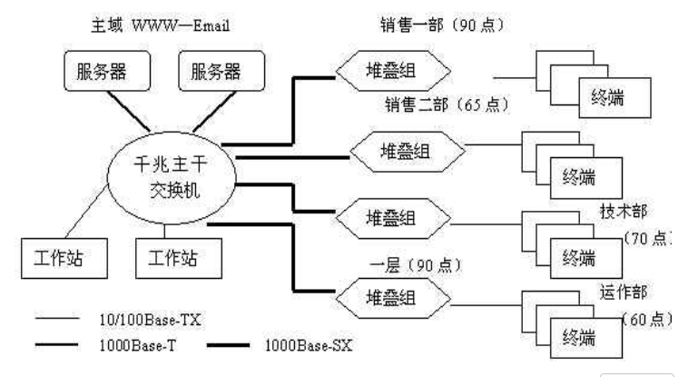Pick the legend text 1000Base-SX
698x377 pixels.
click(x=306, y=346)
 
